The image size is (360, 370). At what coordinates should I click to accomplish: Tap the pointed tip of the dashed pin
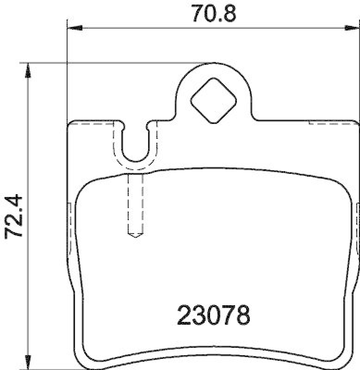(135, 235)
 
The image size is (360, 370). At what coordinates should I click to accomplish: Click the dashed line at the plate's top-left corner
(93, 123)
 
